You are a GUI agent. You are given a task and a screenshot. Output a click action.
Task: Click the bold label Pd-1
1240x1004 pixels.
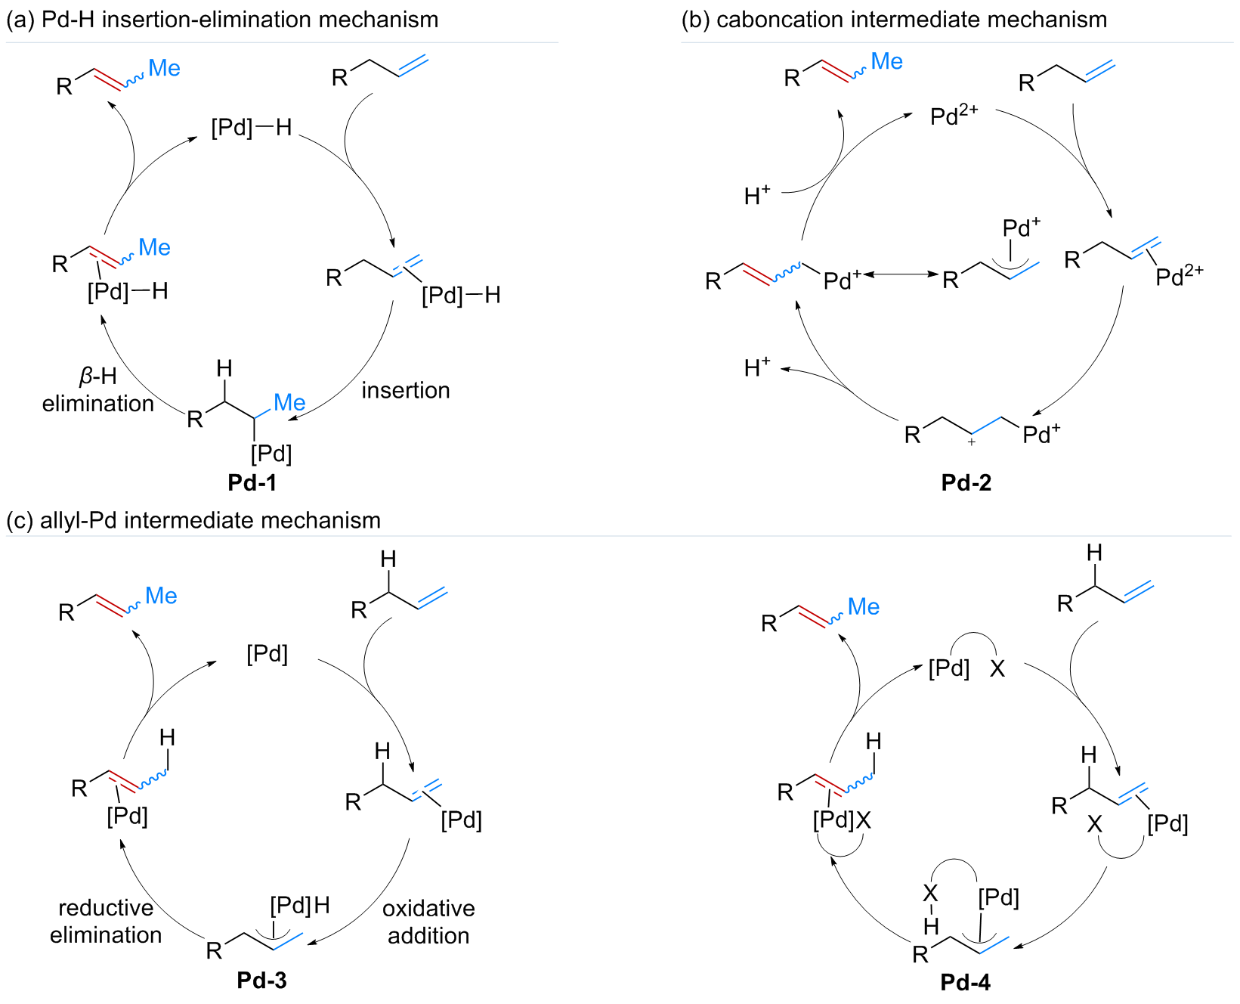tap(252, 482)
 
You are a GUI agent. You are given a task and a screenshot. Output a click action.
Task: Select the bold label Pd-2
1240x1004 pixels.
tap(966, 482)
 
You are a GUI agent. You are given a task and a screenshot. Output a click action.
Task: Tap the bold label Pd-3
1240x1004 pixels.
tap(261, 981)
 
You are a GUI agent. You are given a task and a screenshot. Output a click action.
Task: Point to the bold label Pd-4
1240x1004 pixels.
tap(965, 982)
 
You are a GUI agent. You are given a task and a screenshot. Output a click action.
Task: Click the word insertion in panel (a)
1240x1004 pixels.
tap(405, 390)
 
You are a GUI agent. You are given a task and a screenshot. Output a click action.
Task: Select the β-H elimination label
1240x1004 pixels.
tap(97, 390)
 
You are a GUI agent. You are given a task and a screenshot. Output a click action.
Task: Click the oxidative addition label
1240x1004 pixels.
tap(428, 922)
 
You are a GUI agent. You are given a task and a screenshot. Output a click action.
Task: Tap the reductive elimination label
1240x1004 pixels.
tap(106, 922)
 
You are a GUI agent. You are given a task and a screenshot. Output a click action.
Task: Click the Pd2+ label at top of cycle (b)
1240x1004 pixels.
tap(954, 116)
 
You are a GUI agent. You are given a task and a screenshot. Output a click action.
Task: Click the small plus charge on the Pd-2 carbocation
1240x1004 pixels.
tap(972, 442)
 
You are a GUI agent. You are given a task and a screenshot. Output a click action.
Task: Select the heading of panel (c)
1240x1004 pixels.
tap(193, 520)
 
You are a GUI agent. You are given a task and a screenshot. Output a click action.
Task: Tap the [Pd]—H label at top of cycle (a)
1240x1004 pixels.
tap(251, 127)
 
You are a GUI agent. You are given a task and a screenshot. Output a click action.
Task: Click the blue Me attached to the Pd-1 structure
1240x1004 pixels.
tap(289, 402)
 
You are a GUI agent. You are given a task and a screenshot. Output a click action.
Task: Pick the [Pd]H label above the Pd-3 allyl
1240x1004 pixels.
tap(300, 905)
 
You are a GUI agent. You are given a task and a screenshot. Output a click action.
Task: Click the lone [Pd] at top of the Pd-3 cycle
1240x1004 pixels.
tap(267, 654)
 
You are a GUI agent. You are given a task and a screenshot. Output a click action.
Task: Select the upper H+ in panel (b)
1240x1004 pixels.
tap(757, 197)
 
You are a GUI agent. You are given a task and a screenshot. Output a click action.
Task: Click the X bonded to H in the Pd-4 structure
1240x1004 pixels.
tap(930, 894)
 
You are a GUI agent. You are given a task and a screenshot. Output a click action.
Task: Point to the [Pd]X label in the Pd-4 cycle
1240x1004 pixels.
tap(842, 820)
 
